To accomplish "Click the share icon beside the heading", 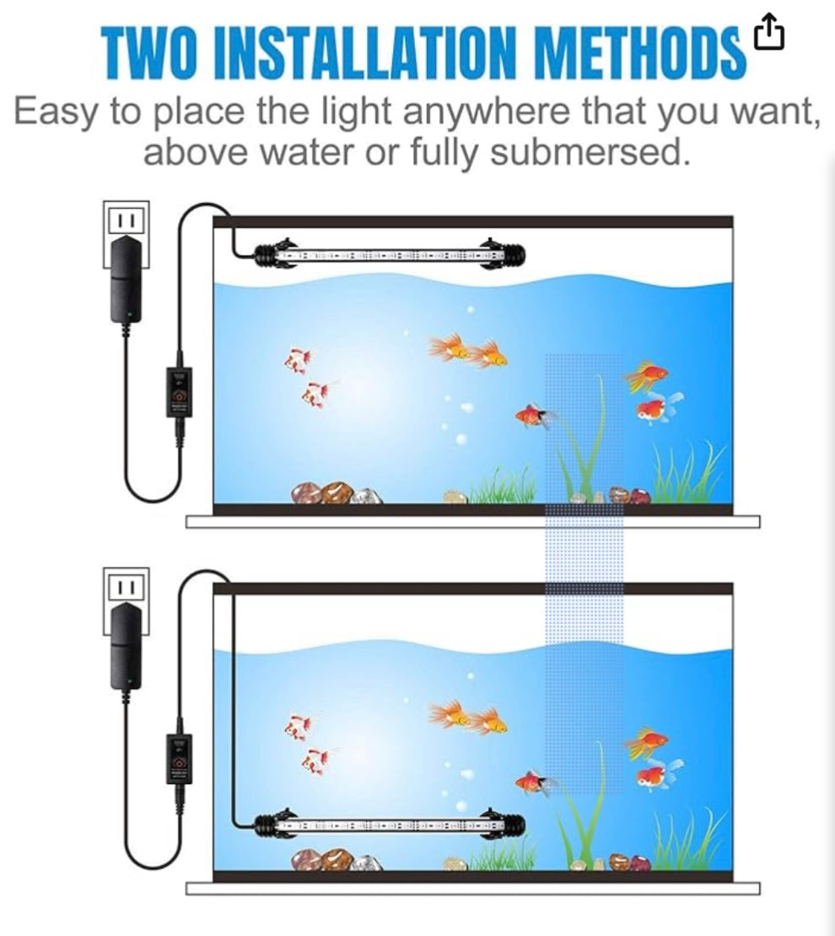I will point(768,33).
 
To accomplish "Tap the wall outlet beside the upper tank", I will point(127,221).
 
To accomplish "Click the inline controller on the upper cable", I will point(178,397).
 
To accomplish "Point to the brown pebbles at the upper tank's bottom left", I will point(324,493).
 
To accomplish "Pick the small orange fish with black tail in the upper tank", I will point(531,416).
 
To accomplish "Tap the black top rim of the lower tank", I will point(472,589).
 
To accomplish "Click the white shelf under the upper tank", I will point(472,522).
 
